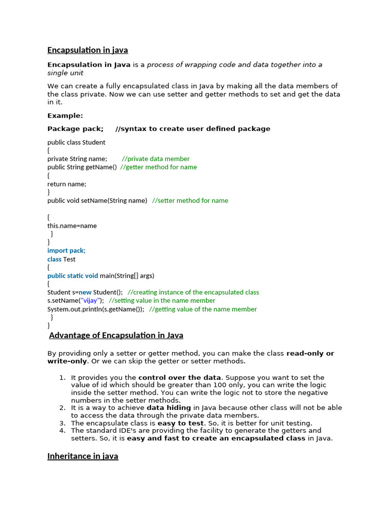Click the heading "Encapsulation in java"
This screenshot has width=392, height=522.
click(x=87, y=50)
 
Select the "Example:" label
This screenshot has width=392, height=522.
click(x=65, y=116)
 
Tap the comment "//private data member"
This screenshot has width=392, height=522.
click(x=156, y=159)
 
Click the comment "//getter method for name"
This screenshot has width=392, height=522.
click(x=158, y=167)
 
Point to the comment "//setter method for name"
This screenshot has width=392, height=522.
click(x=190, y=201)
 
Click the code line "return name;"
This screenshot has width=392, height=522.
click(x=67, y=184)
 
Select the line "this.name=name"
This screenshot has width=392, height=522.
click(x=72, y=226)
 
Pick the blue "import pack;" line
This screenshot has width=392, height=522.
click(x=66, y=251)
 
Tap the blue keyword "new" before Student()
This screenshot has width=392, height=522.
click(x=85, y=293)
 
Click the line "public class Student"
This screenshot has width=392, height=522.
click(x=77, y=143)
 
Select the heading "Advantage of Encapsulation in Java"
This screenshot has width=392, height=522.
click(x=116, y=335)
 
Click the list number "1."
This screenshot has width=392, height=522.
click(x=62, y=378)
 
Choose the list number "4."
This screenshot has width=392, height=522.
click(x=62, y=431)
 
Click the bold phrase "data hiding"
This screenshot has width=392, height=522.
click(x=169, y=408)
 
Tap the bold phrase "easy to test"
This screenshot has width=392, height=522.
click(x=181, y=423)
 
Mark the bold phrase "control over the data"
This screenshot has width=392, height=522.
click(x=180, y=378)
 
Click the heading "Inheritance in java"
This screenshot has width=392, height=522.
click(x=83, y=456)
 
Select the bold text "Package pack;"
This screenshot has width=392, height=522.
click(x=76, y=129)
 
